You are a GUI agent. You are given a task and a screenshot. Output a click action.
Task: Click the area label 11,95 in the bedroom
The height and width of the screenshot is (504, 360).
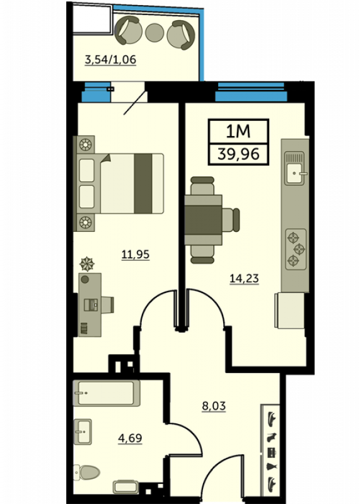(136, 255)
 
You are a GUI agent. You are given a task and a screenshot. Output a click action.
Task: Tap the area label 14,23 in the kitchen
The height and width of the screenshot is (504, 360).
(244, 278)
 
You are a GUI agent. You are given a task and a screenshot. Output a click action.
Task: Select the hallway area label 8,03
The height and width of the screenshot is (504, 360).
(214, 406)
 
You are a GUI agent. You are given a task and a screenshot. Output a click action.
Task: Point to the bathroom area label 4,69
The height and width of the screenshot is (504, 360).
(130, 438)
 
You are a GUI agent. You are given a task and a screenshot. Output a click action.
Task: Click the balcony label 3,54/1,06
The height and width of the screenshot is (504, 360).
(110, 59)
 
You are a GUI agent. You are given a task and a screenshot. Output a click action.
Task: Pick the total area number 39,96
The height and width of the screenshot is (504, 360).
(238, 154)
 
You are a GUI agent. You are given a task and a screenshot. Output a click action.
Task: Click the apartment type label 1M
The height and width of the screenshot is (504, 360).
(238, 132)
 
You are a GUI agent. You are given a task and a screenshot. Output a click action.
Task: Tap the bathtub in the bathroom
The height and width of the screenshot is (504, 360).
(107, 393)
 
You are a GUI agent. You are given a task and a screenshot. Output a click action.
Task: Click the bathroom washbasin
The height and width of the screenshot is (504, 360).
(83, 432)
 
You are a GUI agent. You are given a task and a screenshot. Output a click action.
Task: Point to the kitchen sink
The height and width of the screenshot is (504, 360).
(294, 168)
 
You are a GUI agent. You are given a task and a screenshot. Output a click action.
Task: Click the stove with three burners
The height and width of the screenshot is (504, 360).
(296, 249)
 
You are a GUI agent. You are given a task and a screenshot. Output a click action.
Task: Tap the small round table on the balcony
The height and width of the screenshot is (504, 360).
(154, 33)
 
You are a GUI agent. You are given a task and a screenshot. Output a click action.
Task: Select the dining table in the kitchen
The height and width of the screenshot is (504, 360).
(203, 220)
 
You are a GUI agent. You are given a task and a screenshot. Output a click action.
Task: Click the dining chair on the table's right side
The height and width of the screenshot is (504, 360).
(231, 220)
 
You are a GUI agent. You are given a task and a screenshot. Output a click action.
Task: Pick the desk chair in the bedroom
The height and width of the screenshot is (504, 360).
(107, 305)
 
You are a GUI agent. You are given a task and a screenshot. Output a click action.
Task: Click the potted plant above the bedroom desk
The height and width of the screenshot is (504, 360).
(86, 264)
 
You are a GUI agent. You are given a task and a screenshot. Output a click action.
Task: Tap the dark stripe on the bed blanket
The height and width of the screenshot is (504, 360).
(143, 183)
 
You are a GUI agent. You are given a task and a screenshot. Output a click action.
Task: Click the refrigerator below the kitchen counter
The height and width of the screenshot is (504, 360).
(289, 310)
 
